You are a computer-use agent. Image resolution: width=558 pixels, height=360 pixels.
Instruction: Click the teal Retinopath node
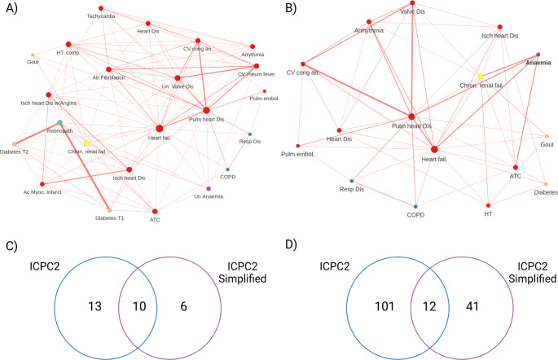pos(60,122)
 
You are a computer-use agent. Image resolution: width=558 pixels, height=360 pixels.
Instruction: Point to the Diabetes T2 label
pos(15,152)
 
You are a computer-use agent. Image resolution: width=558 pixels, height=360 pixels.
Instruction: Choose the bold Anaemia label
pos(538,63)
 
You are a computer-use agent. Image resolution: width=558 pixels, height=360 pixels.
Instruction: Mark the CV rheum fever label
pos(255,75)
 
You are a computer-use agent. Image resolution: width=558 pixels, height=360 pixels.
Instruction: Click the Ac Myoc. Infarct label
pos(42,192)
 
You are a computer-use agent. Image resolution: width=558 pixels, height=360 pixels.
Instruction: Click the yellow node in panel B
pos(481,77)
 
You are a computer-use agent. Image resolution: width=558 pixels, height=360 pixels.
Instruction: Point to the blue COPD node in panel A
pos(227,169)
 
